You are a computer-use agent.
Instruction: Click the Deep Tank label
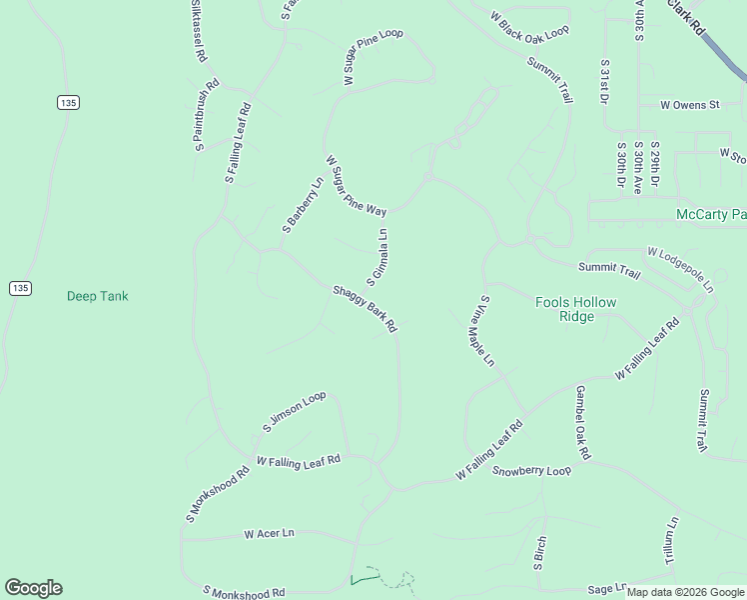tap(97, 296)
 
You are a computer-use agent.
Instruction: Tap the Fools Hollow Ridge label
tap(576, 309)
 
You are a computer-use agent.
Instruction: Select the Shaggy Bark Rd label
tap(365, 309)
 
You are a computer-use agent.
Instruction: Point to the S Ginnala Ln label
tap(377, 256)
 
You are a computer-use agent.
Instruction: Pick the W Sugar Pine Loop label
tap(373, 58)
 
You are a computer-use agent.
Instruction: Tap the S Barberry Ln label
tap(303, 206)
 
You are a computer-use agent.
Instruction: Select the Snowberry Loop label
tap(531, 470)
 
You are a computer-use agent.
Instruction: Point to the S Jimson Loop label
tap(294, 412)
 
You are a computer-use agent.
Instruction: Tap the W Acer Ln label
tap(270, 534)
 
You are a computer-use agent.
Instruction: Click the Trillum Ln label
tap(673, 541)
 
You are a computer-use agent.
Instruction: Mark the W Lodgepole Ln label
tap(681, 270)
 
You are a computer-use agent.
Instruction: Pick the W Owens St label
tap(689, 104)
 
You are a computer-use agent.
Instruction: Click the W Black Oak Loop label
tap(529, 24)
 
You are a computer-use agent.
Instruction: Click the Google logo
tap(33, 588)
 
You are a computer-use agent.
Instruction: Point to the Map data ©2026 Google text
tap(685, 592)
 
